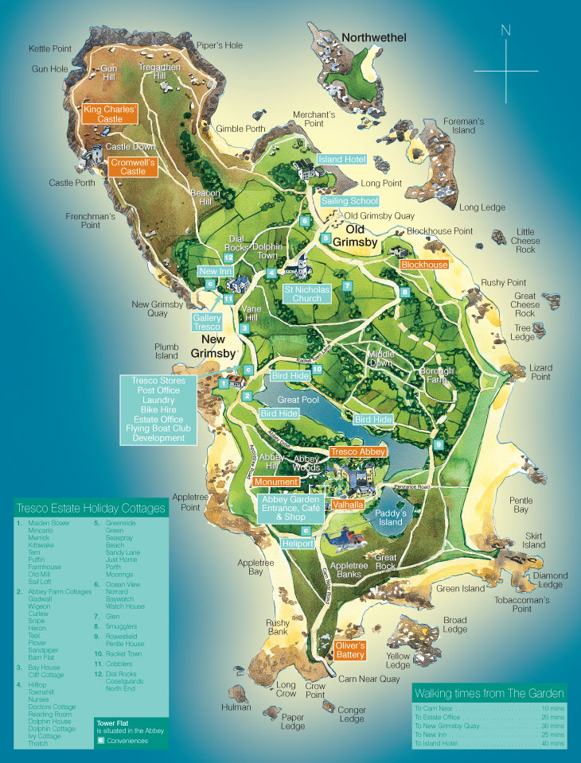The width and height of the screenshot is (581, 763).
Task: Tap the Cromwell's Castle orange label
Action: click(x=132, y=166)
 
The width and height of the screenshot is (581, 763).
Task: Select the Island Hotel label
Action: click(x=342, y=160)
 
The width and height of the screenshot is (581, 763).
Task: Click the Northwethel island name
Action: click(x=374, y=37)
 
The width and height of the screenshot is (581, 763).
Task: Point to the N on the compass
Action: click(x=505, y=31)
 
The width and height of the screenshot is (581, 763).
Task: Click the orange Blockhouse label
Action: click(x=423, y=264)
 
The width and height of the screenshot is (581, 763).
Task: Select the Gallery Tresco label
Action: click(x=207, y=322)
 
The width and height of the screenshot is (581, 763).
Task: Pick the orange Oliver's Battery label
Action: click(x=349, y=650)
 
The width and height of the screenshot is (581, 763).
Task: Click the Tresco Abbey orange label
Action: click(x=357, y=451)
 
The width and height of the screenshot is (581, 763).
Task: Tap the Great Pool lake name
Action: click(x=298, y=400)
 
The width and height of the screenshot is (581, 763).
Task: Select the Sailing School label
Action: click(x=349, y=201)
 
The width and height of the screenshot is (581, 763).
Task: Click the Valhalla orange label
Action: click(x=348, y=505)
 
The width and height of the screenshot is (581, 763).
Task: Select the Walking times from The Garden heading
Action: click(x=489, y=693)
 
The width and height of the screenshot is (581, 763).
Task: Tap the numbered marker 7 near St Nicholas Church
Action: click(x=347, y=286)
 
